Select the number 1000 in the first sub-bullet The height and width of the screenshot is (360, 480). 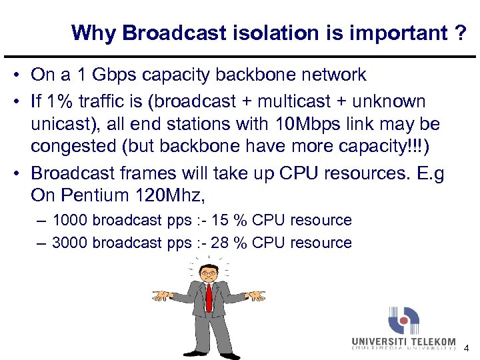70,220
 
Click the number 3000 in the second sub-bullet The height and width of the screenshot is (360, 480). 70,243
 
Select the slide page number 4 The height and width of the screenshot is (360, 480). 466,348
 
